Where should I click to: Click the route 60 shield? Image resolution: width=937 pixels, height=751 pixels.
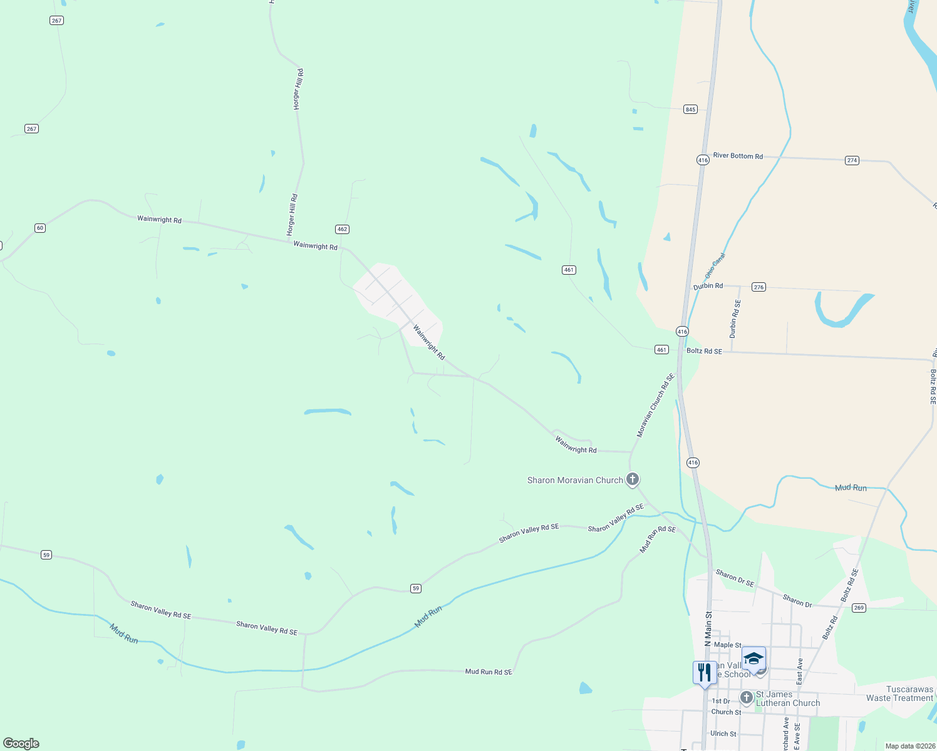point(40,228)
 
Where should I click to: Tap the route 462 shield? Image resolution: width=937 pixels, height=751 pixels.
point(342,229)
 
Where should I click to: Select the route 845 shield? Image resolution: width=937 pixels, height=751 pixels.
point(690,109)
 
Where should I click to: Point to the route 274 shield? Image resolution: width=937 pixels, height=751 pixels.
point(852,160)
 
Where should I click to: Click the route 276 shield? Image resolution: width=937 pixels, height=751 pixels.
point(759,287)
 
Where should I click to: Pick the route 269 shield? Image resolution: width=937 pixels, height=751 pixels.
point(859,608)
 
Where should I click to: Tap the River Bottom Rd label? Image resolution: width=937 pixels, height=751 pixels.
point(738,156)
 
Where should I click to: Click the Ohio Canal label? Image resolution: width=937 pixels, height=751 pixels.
point(715,265)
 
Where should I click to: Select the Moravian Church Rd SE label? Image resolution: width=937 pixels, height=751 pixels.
point(655,406)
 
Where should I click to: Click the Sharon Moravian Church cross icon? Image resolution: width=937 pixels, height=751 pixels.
point(633,479)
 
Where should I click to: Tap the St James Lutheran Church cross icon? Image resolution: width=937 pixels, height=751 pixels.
point(746,697)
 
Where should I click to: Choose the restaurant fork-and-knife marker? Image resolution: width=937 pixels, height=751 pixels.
point(705,673)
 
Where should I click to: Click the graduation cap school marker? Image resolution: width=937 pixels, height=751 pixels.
point(753,658)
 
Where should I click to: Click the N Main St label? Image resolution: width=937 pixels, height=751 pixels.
point(708,628)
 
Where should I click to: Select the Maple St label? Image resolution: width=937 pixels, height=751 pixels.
point(728,645)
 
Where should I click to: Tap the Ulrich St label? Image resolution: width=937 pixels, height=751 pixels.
point(723,733)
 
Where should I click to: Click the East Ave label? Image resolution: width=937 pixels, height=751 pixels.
point(800,671)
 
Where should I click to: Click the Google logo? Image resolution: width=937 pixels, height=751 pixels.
point(21,743)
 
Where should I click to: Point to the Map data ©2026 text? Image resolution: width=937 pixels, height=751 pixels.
point(908,746)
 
